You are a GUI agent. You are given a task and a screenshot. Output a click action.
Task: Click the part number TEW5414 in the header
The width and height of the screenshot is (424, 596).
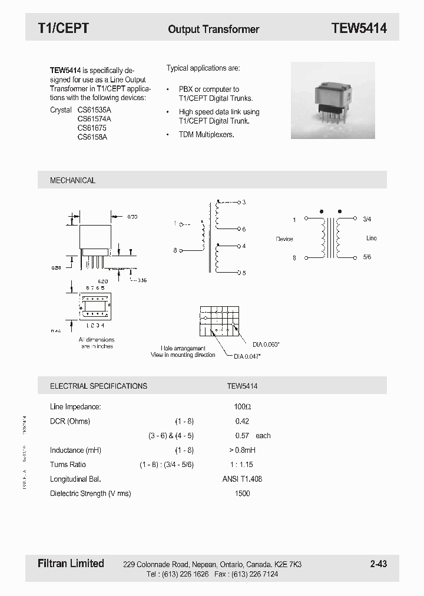[x=359, y=28]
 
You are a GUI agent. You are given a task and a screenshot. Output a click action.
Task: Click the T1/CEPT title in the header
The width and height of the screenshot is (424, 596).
[x=63, y=28]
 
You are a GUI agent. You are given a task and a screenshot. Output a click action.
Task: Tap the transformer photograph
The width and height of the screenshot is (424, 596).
[x=333, y=100]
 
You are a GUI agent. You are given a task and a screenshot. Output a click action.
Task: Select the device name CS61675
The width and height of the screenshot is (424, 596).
[x=92, y=128]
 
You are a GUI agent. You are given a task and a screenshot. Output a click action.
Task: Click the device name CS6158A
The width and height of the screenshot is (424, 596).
[x=92, y=137]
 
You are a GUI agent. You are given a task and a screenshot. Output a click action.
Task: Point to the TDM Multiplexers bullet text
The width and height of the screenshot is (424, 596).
[x=206, y=135]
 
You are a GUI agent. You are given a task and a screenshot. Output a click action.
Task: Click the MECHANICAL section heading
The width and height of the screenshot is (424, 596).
[x=72, y=180]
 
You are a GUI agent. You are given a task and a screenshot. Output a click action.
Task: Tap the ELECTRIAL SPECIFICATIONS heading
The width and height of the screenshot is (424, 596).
[x=98, y=386]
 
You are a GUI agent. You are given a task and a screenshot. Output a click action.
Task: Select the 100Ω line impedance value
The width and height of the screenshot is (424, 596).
[x=243, y=406]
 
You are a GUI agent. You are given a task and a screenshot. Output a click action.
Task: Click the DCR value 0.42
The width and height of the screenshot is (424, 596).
[x=242, y=421]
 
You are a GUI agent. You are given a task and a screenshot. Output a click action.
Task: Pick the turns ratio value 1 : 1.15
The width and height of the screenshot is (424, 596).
[x=242, y=465]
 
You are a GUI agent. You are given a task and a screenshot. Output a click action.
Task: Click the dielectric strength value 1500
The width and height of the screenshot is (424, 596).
[x=242, y=494]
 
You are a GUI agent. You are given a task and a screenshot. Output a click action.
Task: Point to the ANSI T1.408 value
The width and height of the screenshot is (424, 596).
[x=242, y=479]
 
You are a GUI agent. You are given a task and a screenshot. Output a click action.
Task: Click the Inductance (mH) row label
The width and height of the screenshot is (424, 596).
[x=75, y=451]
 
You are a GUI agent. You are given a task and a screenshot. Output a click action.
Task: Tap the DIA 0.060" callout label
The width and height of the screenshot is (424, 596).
[x=266, y=344]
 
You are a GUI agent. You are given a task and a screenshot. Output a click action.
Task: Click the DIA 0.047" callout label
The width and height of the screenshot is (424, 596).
[x=247, y=356]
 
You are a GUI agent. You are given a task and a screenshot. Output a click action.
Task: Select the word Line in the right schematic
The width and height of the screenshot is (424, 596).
[x=371, y=238]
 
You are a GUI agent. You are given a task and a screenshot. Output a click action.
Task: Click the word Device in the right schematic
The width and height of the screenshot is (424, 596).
[x=284, y=239]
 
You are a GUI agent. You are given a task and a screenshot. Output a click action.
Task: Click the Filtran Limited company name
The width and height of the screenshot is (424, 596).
[x=67, y=564]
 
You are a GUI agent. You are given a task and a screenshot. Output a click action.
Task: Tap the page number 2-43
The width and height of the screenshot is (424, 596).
[x=378, y=564]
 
